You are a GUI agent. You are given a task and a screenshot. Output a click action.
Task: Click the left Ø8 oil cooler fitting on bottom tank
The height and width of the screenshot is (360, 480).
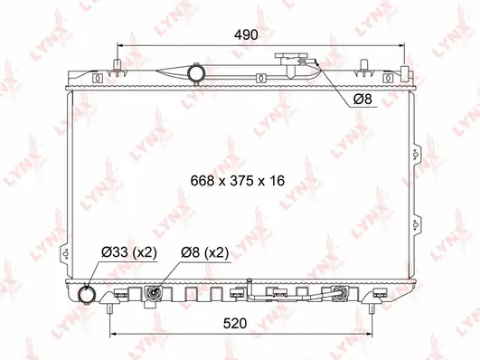point(155,293)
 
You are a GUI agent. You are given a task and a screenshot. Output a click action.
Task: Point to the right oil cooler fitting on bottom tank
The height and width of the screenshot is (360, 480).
point(341,293)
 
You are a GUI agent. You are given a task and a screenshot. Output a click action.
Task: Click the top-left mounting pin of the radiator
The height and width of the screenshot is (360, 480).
point(118,66)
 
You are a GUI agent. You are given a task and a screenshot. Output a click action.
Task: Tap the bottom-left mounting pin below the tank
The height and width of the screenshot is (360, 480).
point(109,309)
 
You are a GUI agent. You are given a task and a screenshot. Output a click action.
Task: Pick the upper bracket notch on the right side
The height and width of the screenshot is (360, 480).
point(415,155)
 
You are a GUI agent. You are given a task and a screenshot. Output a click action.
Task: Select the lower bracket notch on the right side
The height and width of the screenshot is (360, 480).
point(415,223)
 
